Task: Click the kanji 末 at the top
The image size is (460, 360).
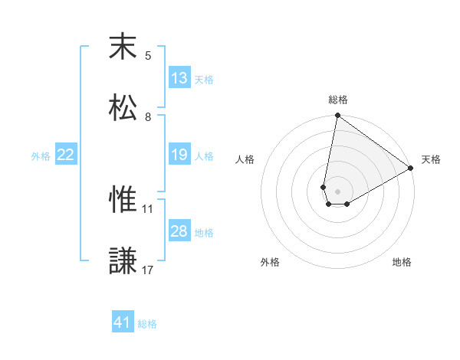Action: click(x=123, y=47)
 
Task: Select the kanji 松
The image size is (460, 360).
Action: click(x=123, y=106)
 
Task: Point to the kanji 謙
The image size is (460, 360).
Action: click(x=123, y=260)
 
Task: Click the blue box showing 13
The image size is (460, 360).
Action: click(x=179, y=78)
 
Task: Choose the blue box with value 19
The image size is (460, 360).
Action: click(x=179, y=155)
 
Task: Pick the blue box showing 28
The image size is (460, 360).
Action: click(x=179, y=231)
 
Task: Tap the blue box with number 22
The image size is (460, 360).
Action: click(x=66, y=155)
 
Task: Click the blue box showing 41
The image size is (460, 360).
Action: click(x=123, y=322)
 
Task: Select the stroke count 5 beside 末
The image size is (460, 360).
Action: click(x=148, y=55)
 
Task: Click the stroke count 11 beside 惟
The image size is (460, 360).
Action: click(x=148, y=208)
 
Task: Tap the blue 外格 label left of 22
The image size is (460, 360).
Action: click(x=41, y=155)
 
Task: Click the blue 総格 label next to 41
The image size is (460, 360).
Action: click(x=147, y=323)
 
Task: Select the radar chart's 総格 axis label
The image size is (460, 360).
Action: click(x=338, y=100)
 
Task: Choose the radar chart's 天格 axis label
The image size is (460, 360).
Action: click(x=431, y=159)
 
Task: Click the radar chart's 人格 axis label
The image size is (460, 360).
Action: click(x=245, y=159)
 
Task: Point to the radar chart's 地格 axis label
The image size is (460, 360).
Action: click(x=402, y=262)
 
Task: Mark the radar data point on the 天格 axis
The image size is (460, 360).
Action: click(x=411, y=169)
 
